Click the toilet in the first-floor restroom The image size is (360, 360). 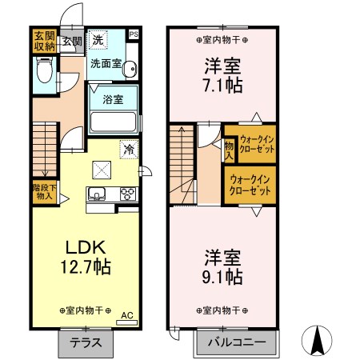click(x=45, y=70)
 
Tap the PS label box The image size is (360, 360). click(x=134, y=34)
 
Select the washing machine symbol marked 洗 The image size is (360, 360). click(x=98, y=40)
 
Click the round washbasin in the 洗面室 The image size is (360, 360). click(x=130, y=69)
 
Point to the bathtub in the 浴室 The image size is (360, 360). click(x=113, y=122)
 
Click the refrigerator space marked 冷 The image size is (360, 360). click(x=130, y=149)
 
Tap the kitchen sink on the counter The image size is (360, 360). click(x=97, y=194)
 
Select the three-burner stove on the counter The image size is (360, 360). click(x=128, y=194)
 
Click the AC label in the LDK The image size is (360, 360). click(x=127, y=315)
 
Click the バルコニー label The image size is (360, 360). click(x=237, y=342)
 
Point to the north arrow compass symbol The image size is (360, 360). click(x=317, y=341)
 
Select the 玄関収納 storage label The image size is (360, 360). click(x=45, y=41)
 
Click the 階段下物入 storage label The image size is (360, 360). click(x=45, y=192)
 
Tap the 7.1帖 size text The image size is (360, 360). click(x=223, y=86)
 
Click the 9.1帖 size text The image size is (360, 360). click(x=223, y=277)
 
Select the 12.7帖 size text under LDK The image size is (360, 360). click(x=86, y=266)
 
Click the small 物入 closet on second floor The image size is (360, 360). click(x=229, y=150)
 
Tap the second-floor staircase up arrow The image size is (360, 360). click(x=182, y=159)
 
